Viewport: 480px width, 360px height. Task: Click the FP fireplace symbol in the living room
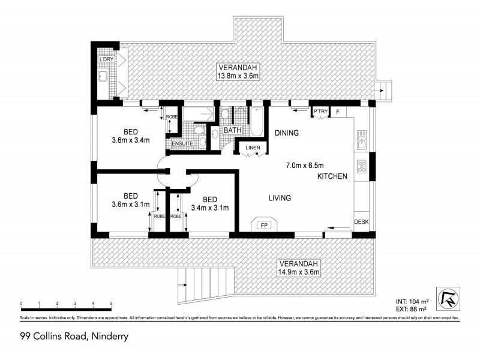263,226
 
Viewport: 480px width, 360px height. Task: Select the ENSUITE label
182,144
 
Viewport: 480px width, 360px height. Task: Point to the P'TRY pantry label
319,112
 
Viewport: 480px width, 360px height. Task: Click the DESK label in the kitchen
361,222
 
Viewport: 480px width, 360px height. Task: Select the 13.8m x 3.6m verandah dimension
238,76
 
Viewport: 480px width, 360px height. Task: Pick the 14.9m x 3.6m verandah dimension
298,272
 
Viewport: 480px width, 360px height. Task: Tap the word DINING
287,133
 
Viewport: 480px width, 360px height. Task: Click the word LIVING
279,197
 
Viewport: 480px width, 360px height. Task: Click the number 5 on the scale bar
111,304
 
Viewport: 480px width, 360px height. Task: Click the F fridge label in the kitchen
337,112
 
